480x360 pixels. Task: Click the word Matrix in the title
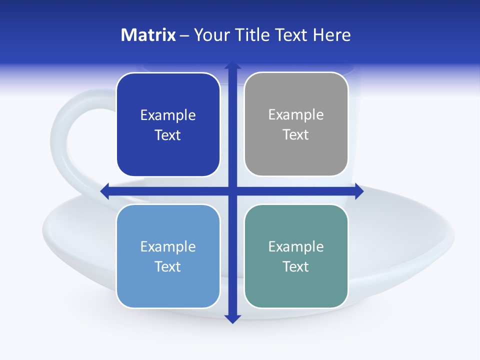(x=148, y=35)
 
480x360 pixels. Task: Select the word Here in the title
(x=332, y=35)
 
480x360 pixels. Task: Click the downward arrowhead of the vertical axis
(x=232, y=318)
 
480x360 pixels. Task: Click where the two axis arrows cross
(x=232, y=191)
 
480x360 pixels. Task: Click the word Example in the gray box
(x=296, y=114)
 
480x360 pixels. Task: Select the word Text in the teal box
(x=296, y=266)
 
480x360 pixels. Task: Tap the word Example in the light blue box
(x=168, y=246)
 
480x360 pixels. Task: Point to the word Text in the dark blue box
(x=168, y=135)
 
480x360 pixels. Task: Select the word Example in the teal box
(x=296, y=246)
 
